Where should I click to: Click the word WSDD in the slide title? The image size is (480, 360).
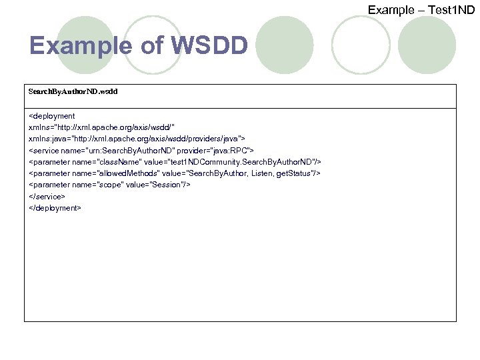tap(209, 46)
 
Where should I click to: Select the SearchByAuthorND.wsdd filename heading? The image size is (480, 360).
tap(73, 91)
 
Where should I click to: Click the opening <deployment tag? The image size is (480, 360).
tap(52, 116)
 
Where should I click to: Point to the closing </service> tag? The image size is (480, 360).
tap(47, 197)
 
